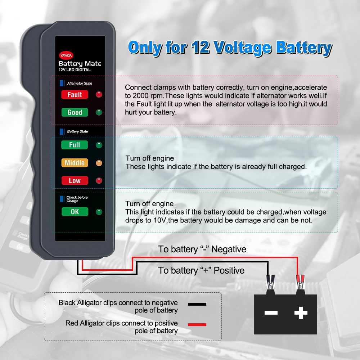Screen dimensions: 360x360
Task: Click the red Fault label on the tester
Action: click(x=75, y=95)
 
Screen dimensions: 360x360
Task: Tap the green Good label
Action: click(x=75, y=112)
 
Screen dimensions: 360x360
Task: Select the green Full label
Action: click(x=75, y=145)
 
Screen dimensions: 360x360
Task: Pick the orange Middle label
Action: click(x=75, y=163)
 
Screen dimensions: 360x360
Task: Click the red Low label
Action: click(x=75, y=180)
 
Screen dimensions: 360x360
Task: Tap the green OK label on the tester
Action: click(x=75, y=212)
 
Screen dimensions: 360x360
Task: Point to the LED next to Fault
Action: click(x=99, y=95)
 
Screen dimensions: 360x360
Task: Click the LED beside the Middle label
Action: click(x=99, y=163)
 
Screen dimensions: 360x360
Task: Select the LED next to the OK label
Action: click(x=99, y=212)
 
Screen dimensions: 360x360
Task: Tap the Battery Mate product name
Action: click(x=80, y=64)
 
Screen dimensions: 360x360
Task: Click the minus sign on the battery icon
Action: click(x=271, y=312)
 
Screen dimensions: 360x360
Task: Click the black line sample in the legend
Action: click(x=197, y=304)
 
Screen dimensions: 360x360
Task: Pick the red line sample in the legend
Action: click(x=197, y=325)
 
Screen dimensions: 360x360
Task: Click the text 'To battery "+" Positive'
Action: click(x=201, y=270)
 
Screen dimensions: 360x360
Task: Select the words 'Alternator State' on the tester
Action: click(x=80, y=84)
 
